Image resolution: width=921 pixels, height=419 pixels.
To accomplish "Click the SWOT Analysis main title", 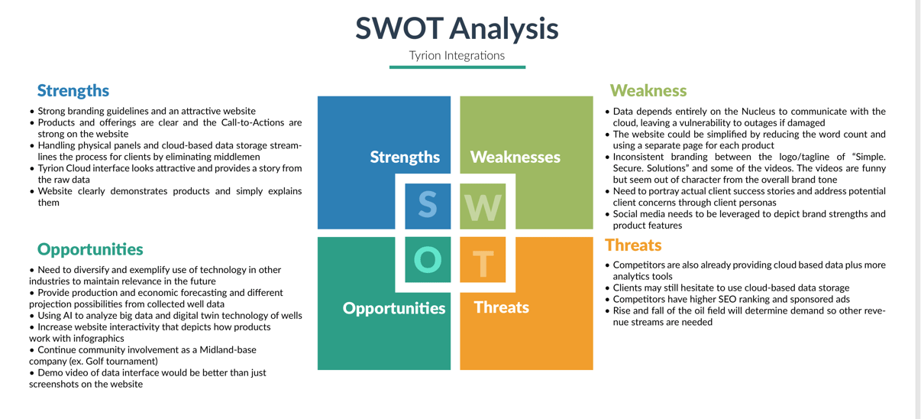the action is coord(457,28).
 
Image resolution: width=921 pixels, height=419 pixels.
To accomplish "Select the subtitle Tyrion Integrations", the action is coord(457,56).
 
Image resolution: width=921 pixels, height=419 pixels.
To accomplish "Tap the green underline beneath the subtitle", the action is coord(457,67).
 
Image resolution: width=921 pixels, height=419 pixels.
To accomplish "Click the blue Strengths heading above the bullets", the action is coord(73,90).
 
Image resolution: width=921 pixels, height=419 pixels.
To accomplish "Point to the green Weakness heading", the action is coord(648,90).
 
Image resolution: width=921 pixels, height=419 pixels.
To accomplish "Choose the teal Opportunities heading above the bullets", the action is coord(90,249).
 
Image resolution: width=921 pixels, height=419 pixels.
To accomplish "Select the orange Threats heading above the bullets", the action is coord(633,245).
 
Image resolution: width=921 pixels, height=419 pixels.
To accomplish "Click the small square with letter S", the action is coord(428,206).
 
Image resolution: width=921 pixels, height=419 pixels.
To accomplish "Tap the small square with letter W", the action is coord(483,206).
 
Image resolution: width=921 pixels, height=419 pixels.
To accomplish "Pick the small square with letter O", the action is coord(428,260).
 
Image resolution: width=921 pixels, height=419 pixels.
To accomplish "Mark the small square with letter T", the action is coord(483,260).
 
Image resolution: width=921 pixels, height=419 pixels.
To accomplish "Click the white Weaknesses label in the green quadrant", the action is coord(515,157).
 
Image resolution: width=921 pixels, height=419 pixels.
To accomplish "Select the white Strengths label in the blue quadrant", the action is coord(405,157).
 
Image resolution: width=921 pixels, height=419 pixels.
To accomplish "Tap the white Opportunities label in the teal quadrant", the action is coord(394,308).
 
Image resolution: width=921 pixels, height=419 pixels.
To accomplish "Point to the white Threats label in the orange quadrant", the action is coord(501,307).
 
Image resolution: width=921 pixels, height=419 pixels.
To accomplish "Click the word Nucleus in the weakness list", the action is coord(758,112).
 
